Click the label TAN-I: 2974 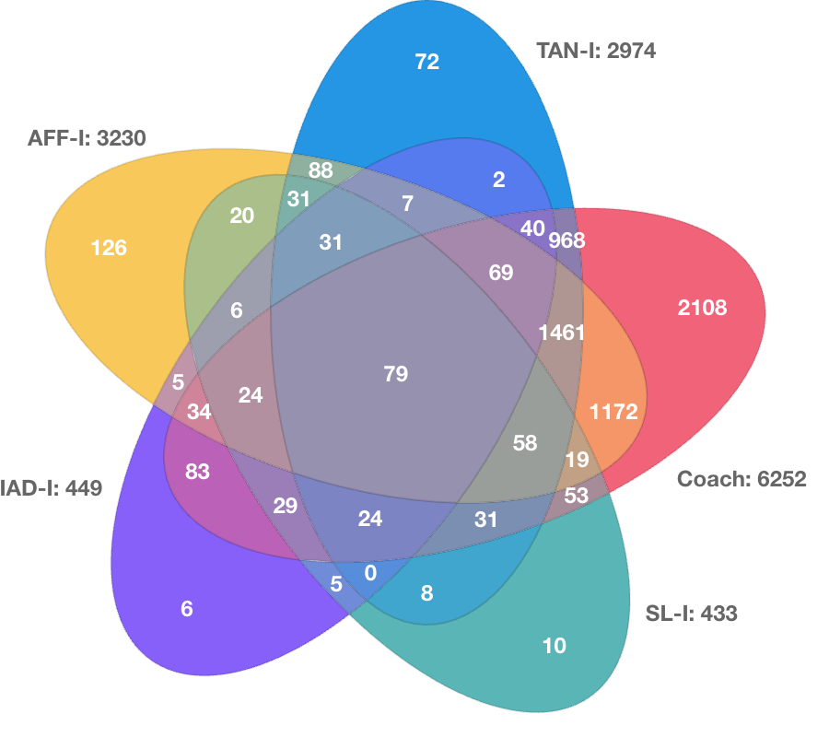pos(596,51)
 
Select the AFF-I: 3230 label pos(87,138)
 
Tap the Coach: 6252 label pos(741,479)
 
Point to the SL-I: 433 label pos(691,614)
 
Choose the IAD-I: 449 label pos(51,488)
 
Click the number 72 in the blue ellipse pos(427,62)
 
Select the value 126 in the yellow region pos(109,248)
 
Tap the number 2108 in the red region pos(702,308)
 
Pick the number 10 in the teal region pos(555,646)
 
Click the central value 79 pos(396,374)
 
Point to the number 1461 pos(562,333)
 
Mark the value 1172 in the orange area pos(613,412)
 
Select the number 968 pos(566,240)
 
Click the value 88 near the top pos(321,170)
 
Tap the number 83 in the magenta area pos(198,472)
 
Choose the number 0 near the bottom pos(370,573)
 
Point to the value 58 pos(525,443)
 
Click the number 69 pos(501,273)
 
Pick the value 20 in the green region pos(242,216)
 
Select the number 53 pos(577,496)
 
